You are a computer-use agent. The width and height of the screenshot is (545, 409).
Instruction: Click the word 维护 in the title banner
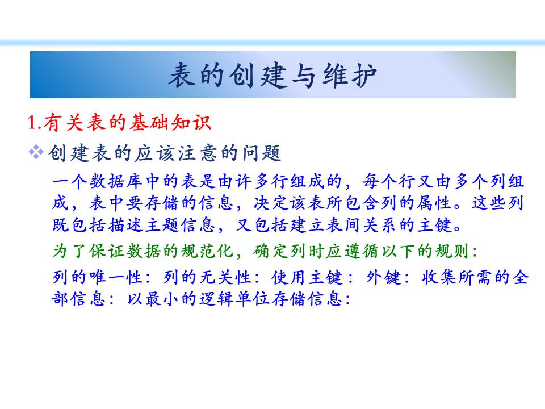(x=350, y=75)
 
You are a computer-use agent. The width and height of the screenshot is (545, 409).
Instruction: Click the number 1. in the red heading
(x=35, y=123)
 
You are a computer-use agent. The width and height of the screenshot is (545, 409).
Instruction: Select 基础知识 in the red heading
(x=170, y=123)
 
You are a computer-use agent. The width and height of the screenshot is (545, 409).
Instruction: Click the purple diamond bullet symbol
(x=36, y=152)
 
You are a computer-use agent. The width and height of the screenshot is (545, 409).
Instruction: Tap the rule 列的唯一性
(x=97, y=278)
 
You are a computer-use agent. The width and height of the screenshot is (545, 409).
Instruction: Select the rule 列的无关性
(x=207, y=278)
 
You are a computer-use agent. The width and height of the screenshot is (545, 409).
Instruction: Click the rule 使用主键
(x=307, y=278)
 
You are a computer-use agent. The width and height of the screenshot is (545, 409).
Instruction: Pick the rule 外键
(x=384, y=278)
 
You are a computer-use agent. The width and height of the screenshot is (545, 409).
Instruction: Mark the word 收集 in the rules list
(x=439, y=278)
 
